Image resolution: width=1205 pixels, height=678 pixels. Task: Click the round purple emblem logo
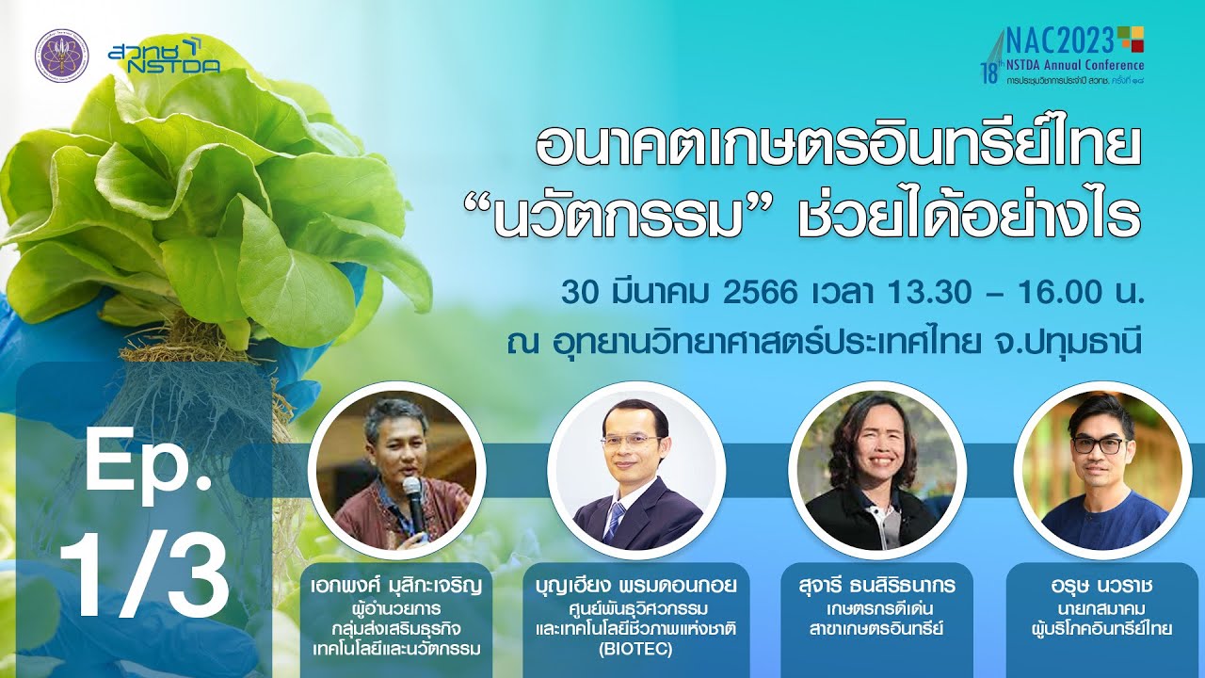62,56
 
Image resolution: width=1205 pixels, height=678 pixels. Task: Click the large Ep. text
149,467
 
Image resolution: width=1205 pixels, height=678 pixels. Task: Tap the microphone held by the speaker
414,503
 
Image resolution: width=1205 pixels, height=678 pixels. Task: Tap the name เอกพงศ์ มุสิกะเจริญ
396,586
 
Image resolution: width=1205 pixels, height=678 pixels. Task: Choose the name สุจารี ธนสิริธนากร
876,586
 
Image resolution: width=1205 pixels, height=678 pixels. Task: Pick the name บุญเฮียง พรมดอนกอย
635,586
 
